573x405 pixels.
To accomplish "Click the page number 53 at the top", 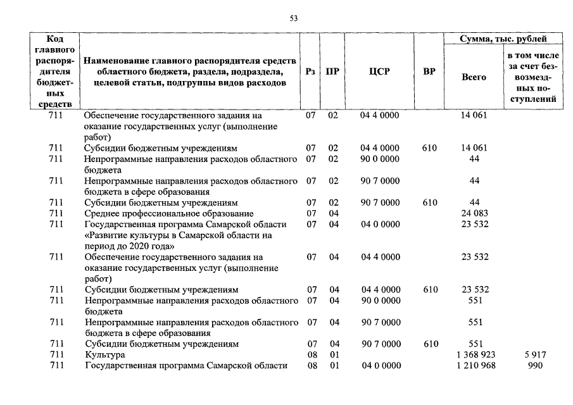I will (293, 19).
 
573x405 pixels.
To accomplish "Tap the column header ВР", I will (429, 72).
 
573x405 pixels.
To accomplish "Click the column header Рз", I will (310, 72).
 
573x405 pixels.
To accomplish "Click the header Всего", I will (474, 77).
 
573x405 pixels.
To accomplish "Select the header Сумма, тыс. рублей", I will (504, 39).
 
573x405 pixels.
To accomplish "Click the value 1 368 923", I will (475, 355).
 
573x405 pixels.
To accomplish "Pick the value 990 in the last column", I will (536, 366).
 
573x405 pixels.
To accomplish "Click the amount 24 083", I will (475, 213).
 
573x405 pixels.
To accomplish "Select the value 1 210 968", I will (475, 366).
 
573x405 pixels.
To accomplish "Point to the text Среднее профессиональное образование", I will (168, 213).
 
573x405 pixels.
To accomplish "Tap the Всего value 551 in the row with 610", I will (475, 344).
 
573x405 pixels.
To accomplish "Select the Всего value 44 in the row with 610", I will (475, 202).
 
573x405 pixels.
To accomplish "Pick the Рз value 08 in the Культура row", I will (312, 355).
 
